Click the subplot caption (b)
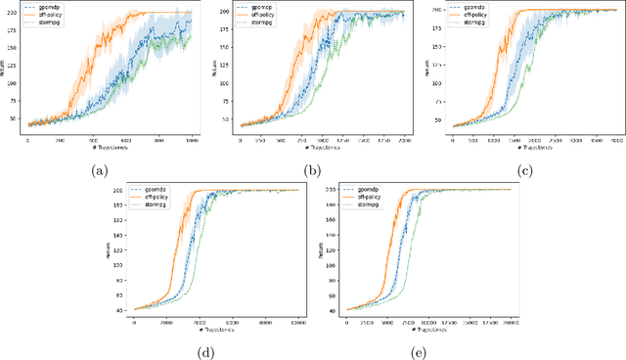[x=313, y=169]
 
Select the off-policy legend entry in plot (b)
[x=257, y=13]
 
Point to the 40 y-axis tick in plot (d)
[x=120, y=309]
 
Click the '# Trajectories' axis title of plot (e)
[x=417, y=328]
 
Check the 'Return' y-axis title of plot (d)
[x=110, y=251]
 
